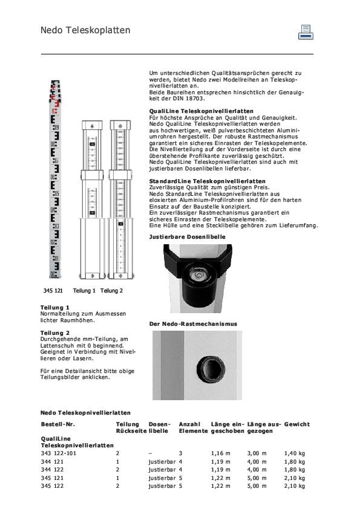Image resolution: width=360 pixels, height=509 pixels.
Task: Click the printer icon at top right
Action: pyautogui.click(x=306, y=32)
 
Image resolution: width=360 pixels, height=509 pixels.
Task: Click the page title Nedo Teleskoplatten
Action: pyautogui.click(x=85, y=30)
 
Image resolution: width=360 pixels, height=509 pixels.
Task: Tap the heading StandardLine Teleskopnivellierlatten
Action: pyautogui.click(x=207, y=181)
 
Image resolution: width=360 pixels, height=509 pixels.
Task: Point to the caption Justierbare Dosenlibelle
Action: pyautogui.click(x=187, y=237)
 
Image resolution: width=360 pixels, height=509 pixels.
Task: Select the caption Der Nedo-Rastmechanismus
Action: pyautogui.click(x=193, y=324)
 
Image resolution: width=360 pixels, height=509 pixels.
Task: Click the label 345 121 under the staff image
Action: pyautogui.click(x=53, y=291)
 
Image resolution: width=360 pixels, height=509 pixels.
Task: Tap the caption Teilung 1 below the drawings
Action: pyautogui.click(x=85, y=291)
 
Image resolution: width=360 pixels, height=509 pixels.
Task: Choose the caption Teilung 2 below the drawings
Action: pyautogui.click(x=111, y=291)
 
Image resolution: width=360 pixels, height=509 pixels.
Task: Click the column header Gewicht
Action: pyautogui.click(x=297, y=424)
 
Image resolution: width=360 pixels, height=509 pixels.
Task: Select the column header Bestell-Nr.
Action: pyautogui.click(x=57, y=424)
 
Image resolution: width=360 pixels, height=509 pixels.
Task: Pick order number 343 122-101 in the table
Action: pyautogui.click(x=59, y=453)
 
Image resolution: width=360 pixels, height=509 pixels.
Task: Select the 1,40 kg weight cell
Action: pyautogui.click(x=294, y=453)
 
